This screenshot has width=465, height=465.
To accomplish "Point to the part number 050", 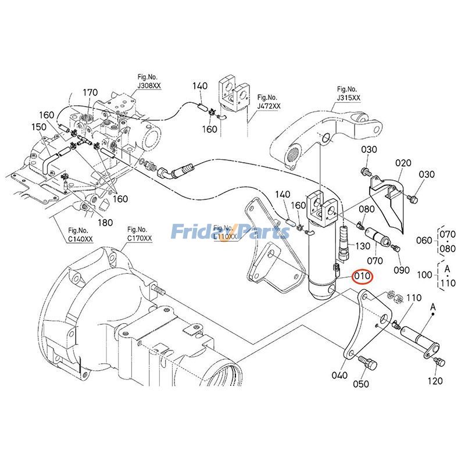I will point(362,384).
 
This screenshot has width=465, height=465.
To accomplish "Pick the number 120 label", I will point(435,381).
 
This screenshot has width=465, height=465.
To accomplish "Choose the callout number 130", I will point(363,246).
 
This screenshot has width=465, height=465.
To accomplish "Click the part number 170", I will point(90,92).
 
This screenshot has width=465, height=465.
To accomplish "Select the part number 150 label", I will point(38,127).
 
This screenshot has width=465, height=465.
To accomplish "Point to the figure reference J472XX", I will point(268,102).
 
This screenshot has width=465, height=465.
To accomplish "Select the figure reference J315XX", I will point(348,93).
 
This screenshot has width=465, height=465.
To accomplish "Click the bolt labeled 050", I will point(368,363).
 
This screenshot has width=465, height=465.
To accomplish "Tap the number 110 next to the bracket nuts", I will point(413,298).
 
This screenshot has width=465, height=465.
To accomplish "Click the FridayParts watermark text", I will point(230,233).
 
